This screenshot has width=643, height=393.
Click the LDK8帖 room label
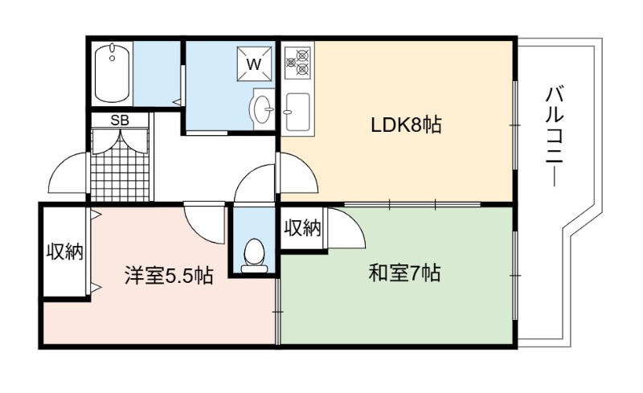click(x=406, y=125)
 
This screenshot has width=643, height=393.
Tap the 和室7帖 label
click(x=404, y=272)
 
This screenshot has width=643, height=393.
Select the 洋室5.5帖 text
click(x=169, y=276)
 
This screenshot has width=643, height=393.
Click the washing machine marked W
click(x=254, y=63)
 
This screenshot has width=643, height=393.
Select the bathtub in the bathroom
click(x=112, y=73)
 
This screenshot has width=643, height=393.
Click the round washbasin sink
click(x=263, y=109)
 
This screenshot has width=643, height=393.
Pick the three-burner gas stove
click(x=298, y=63)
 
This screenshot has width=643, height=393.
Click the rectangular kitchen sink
click(x=297, y=112)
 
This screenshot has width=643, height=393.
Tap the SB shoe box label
click(x=120, y=121)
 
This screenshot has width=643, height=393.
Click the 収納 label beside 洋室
click(x=64, y=251)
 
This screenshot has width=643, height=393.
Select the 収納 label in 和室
click(x=303, y=227)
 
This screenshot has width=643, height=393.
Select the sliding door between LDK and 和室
click(x=412, y=204)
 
